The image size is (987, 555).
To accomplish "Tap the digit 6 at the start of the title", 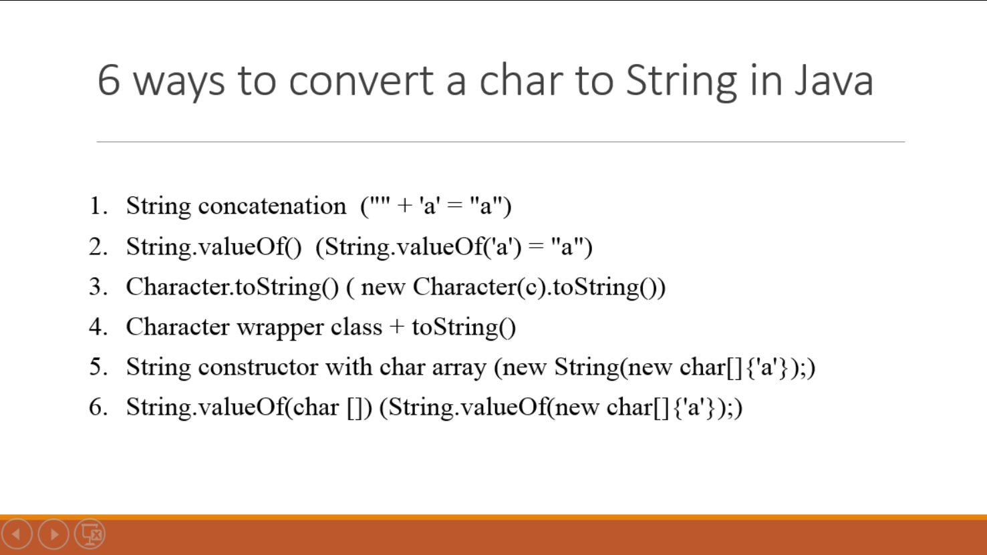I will [109, 80].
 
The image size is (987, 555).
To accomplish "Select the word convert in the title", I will [361, 80].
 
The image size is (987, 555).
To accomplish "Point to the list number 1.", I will [98, 206].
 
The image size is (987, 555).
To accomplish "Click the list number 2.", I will [98, 246].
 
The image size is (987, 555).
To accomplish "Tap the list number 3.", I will [98, 287].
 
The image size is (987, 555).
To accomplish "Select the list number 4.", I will [98, 327].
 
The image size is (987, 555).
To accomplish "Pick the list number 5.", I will [98, 367].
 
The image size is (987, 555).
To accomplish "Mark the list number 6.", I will [98, 407].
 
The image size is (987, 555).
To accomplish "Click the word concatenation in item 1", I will [272, 206].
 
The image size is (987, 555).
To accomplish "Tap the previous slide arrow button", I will [17, 534].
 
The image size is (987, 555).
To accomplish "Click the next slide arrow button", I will [53, 534].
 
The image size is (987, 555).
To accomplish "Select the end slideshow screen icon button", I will [90, 534].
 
